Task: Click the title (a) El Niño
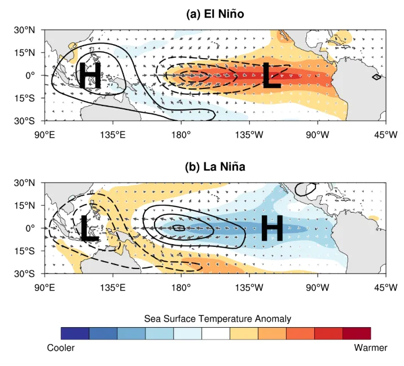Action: pos(215,14)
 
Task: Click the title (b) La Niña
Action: pos(215,167)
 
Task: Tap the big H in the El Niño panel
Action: pos(90,75)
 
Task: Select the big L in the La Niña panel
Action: pos(89,228)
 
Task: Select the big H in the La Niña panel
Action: pos(272,228)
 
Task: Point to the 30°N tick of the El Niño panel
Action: pos(24,30)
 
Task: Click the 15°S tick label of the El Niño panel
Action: pos(24,98)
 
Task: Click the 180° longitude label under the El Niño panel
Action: pos(181,135)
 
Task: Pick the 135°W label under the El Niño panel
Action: pos(249,135)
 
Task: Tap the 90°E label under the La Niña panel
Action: pos(45,288)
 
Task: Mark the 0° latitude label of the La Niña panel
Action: pos(30,228)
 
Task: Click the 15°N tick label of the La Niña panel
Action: pos(24,205)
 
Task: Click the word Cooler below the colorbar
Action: pos(61,348)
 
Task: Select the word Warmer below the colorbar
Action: pos(371,348)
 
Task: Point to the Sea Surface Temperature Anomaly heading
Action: pos(218,319)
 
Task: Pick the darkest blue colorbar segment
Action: pos(75,333)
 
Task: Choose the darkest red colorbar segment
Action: pos(357,333)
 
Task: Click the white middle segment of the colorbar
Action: pos(216,333)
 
